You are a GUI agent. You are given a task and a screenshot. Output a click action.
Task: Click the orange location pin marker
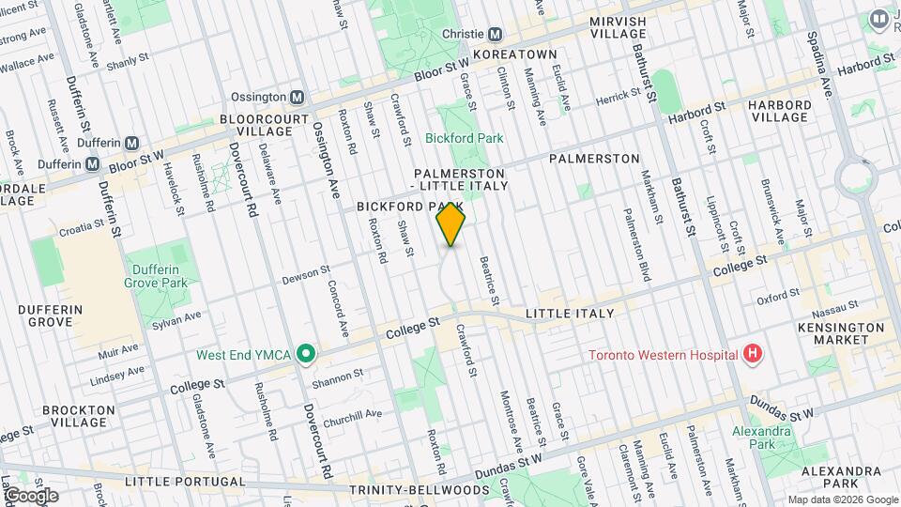(451, 224)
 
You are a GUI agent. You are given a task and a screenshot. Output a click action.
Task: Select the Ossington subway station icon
(297, 97)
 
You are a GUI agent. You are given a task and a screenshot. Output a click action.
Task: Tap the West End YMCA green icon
(304, 355)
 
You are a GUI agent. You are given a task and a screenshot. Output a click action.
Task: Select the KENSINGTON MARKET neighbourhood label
(848, 333)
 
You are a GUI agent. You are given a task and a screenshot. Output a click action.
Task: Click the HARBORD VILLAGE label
(780, 111)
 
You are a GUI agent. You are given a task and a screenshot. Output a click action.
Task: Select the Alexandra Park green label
(761, 438)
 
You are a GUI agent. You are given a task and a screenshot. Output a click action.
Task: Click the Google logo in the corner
(30, 495)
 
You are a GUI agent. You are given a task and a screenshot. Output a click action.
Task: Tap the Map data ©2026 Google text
(842, 499)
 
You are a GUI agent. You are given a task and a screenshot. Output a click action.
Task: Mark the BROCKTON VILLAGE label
(79, 416)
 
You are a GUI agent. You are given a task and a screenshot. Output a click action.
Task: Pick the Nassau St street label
(836, 306)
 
